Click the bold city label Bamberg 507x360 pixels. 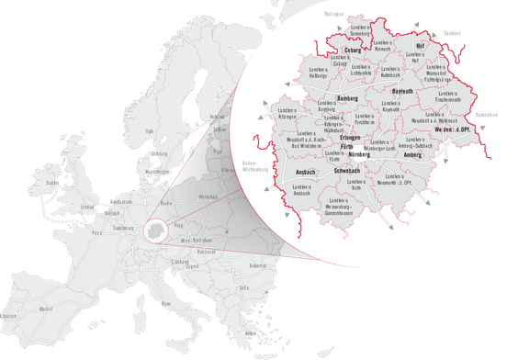[348, 97]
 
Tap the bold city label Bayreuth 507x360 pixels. [403, 92]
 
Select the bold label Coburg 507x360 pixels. [353, 51]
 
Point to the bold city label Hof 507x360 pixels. [420, 45]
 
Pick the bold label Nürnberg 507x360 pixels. [357, 155]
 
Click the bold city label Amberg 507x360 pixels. [412, 155]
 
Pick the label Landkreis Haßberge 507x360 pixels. [317, 73]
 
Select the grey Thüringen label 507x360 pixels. [335, 15]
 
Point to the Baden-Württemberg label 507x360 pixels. [254, 167]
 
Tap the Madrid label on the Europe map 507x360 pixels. [44, 309]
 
